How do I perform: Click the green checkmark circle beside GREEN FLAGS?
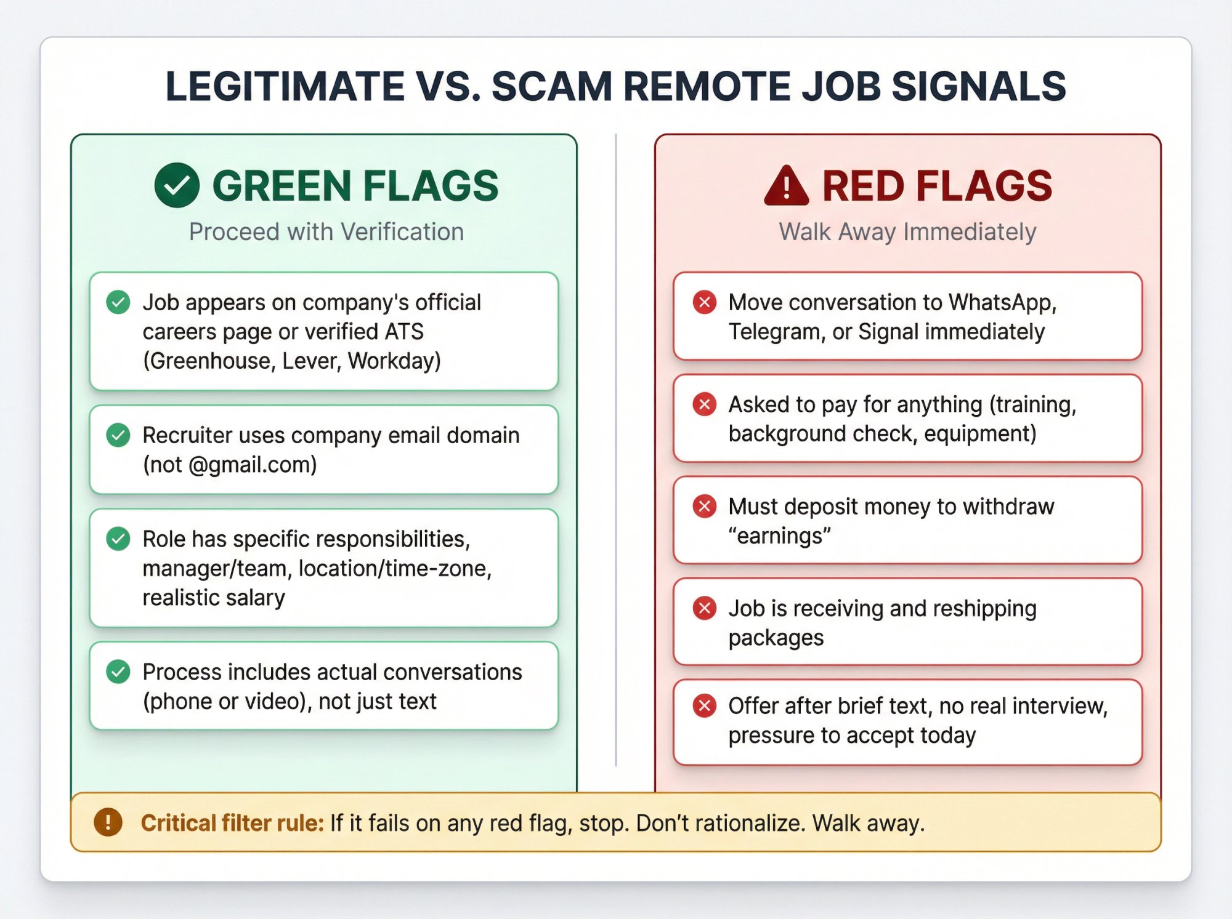click(177, 185)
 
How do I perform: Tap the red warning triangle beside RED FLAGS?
click(786, 187)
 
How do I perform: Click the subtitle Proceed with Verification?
click(326, 232)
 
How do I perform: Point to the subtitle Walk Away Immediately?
click(907, 232)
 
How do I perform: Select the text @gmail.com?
click(253, 465)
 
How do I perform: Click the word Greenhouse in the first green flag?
click(209, 361)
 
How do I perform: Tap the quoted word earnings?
click(780, 536)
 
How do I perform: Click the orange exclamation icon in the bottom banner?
click(108, 822)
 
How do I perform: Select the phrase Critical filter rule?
click(232, 823)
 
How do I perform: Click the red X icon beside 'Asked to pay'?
click(705, 404)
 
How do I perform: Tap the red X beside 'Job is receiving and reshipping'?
click(705, 608)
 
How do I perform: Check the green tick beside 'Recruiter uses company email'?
click(118, 435)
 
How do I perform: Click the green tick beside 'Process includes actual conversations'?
click(118, 672)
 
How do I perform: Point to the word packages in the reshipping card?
click(776, 638)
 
